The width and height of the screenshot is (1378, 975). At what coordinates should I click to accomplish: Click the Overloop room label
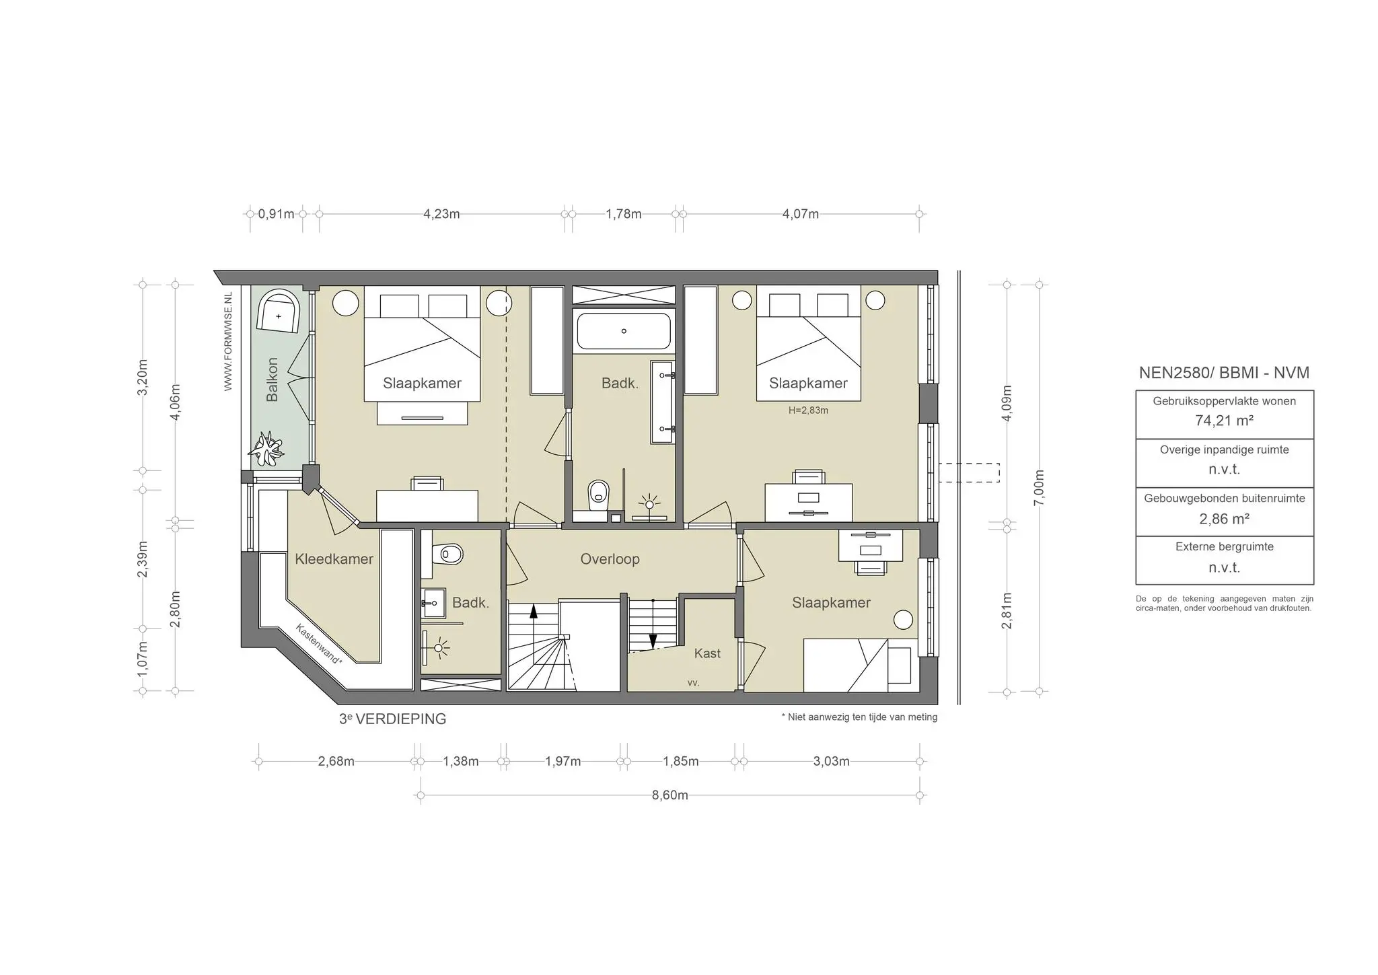coord(610,559)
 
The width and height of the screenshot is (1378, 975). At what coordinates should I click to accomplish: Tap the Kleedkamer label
coord(334,559)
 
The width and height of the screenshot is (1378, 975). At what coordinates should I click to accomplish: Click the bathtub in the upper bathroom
coord(624,331)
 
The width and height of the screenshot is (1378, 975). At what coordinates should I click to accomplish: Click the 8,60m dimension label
coord(669,795)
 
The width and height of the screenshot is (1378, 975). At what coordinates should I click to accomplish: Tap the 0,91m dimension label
coord(276,215)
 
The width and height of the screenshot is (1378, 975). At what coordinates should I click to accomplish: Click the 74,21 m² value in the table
coord(1224,421)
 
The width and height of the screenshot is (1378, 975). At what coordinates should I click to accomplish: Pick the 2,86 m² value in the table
coord(1224,519)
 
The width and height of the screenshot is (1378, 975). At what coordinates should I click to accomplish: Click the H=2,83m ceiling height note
coord(808,410)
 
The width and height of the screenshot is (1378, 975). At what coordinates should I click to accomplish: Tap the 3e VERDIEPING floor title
coord(392,719)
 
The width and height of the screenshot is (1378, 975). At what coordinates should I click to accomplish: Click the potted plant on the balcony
coord(266,449)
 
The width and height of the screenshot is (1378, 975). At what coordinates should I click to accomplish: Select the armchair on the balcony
coord(279,312)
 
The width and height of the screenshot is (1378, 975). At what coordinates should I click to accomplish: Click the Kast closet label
coord(707,653)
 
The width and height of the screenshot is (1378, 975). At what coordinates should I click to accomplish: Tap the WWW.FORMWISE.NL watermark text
coord(228,341)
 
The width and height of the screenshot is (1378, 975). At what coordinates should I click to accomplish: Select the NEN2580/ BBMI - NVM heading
coord(1224,373)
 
